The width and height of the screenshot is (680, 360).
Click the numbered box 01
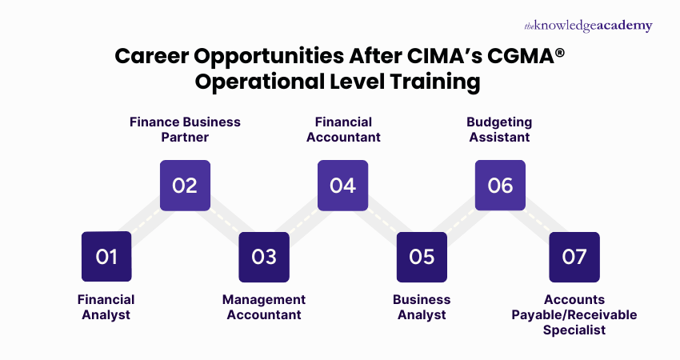coord(106,257)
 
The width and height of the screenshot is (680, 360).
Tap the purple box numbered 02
coord(185,186)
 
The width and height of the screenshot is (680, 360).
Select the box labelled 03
coord(263,257)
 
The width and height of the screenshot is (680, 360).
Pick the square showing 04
coord(342,186)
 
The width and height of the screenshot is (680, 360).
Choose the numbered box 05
coord(422,257)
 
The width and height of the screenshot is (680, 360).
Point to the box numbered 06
coord(500,186)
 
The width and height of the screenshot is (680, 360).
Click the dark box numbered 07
coord(574,257)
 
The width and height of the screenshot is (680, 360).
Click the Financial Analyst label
coord(106,306)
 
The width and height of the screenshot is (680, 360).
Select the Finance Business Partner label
coord(185,130)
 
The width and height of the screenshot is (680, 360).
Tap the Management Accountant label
coord(264,306)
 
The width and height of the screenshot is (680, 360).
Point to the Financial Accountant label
coord(343,130)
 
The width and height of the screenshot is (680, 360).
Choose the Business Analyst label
coord(422,306)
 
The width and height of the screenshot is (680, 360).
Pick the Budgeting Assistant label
coord(499,130)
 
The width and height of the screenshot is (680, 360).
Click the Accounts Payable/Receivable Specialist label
coord(574,314)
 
